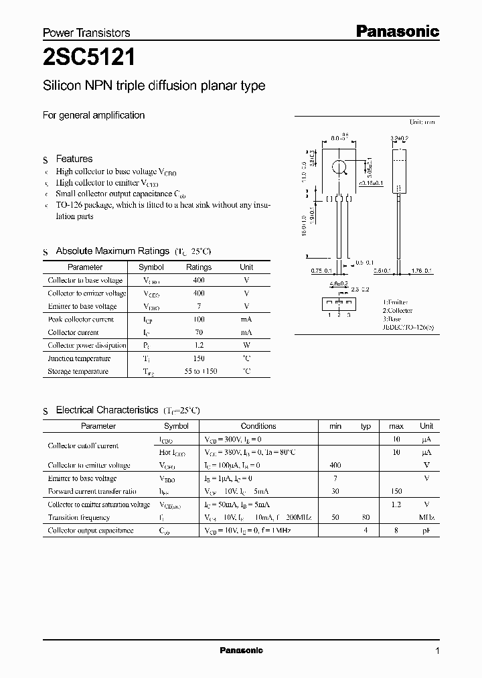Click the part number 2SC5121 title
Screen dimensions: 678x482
click(x=89, y=58)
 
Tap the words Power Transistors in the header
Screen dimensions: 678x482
click(x=86, y=33)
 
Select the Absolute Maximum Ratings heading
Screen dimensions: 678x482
click(x=112, y=251)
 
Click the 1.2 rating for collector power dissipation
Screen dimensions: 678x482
click(x=199, y=345)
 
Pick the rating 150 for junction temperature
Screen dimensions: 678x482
click(x=199, y=358)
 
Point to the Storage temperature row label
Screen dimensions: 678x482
click(x=78, y=371)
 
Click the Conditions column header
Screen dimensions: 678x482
click(x=258, y=426)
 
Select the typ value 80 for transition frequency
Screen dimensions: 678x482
click(x=366, y=517)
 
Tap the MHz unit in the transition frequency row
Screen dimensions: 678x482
click(x=426, y=517)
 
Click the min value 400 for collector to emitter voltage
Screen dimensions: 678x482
click(x=335, y=465)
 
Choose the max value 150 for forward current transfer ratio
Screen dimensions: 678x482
click(x=396, y=491)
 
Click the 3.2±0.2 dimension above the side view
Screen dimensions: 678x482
click(x=400, y=138)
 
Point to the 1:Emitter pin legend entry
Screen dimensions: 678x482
click(x=395, y=303)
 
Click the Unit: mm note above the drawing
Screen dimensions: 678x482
click(x=422, y=123)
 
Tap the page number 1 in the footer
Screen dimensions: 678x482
click(x=437, y=651)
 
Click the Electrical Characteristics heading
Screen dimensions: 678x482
click(x=106, y=409)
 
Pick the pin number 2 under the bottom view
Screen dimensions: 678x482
click(x=339, y=314)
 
